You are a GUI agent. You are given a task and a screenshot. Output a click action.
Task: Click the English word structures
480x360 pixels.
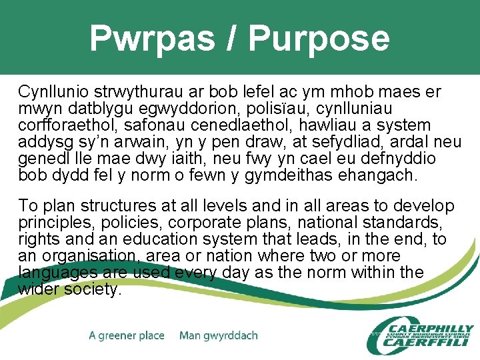[x=114, y=206]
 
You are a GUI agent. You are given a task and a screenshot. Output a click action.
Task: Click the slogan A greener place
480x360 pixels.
[x=127, y=335]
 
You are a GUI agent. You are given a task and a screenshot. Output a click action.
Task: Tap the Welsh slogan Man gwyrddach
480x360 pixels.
[x=219, y=335]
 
